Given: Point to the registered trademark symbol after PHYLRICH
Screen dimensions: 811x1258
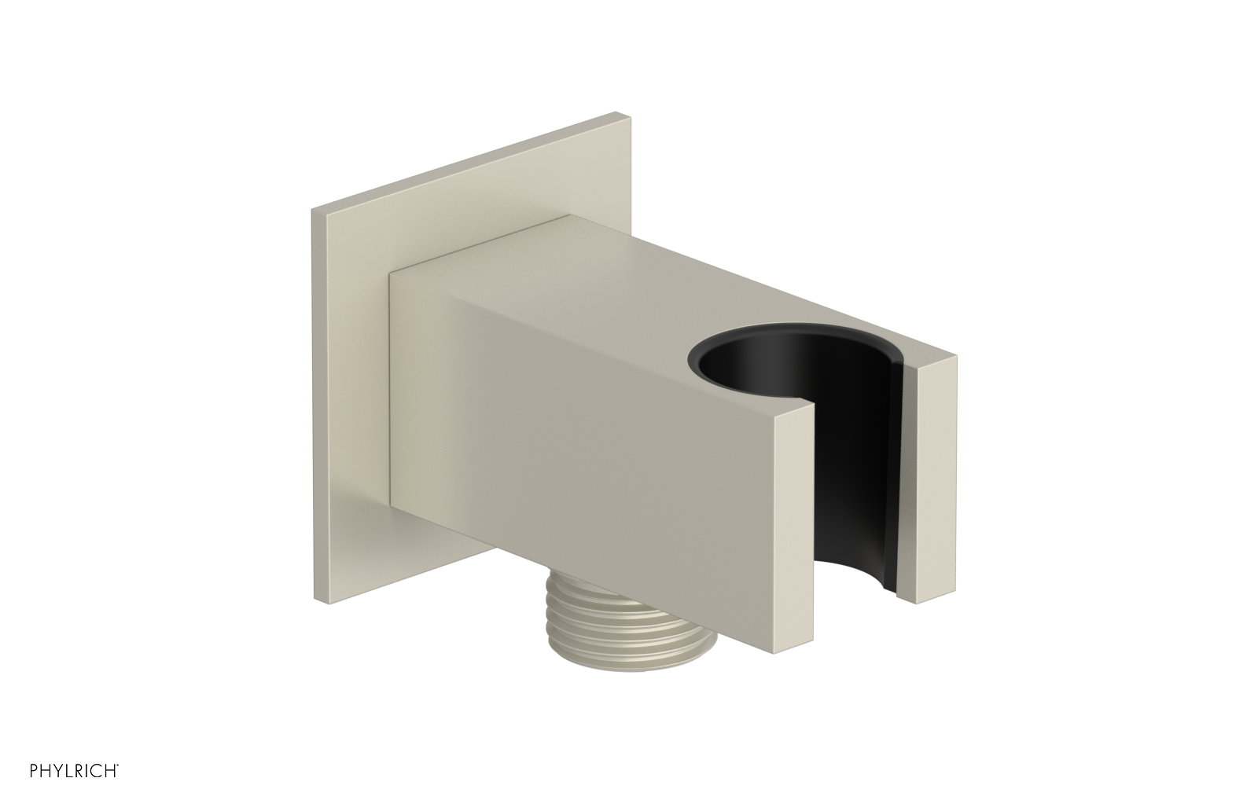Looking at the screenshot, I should (x=117, y=784).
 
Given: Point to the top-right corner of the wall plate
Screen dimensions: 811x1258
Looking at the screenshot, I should (x=627, y=118).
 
